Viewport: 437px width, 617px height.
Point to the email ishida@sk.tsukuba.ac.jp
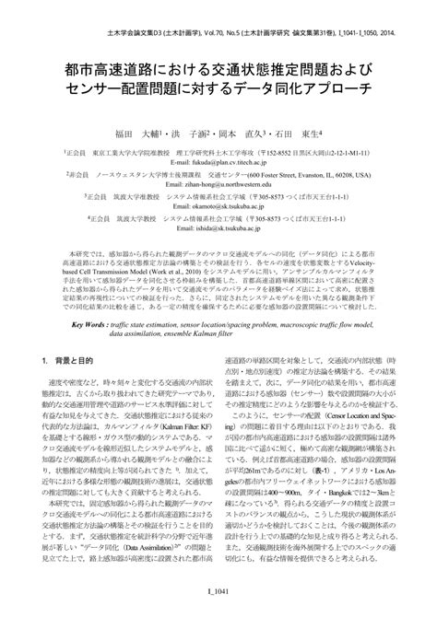coord(219,231)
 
